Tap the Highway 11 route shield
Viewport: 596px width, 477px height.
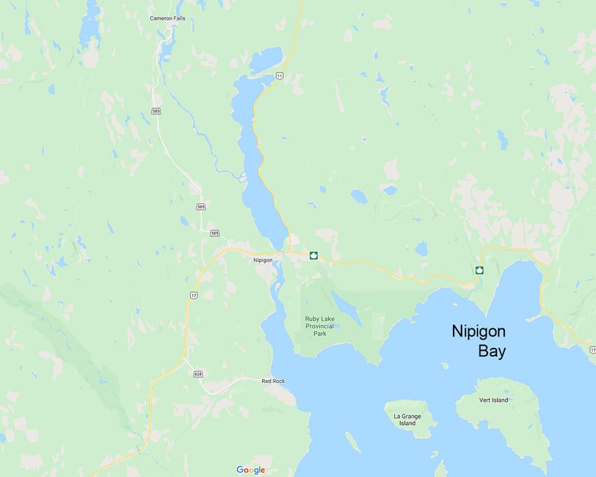[x=279, y=75]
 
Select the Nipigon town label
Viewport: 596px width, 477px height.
[x=263, y=260]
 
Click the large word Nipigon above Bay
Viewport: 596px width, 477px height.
[x=478, y=331]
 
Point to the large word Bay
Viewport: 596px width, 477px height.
[x=492, y=351]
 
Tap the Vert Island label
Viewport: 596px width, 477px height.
[x=494, y=400]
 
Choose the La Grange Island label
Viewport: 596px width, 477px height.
[x=407, y=419]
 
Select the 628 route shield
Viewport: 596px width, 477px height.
[x=198, y=374]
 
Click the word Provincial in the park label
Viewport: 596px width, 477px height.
[x=319, y=326]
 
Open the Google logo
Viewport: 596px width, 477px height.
[x=250, y=470]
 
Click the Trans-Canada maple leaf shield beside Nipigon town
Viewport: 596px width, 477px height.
[x=313, y=255]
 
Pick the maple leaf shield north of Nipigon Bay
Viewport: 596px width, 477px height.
[x=480, y=270]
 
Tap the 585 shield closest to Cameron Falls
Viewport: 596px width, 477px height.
[x=156, y=111]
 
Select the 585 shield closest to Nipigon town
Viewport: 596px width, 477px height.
[x=215, y=233]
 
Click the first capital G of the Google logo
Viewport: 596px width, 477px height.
[x=240, y=470]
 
